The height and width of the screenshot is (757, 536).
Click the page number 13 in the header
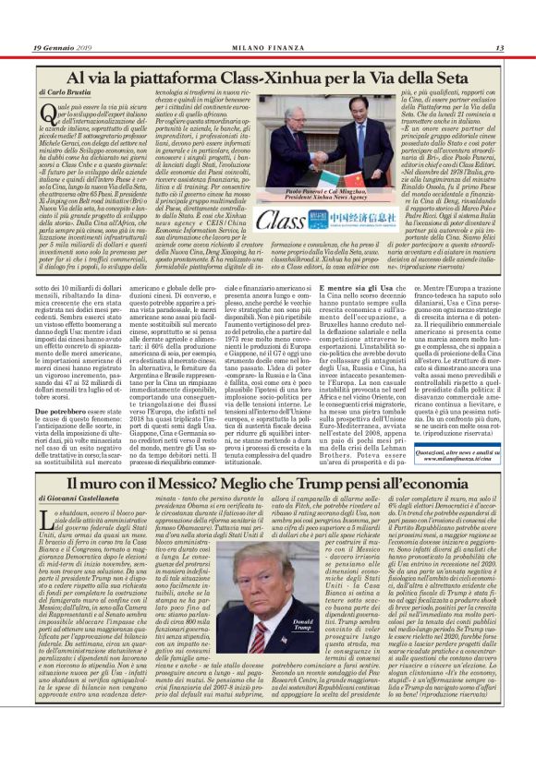coord(499,47)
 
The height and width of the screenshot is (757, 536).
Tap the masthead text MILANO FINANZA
coord(267,47)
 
